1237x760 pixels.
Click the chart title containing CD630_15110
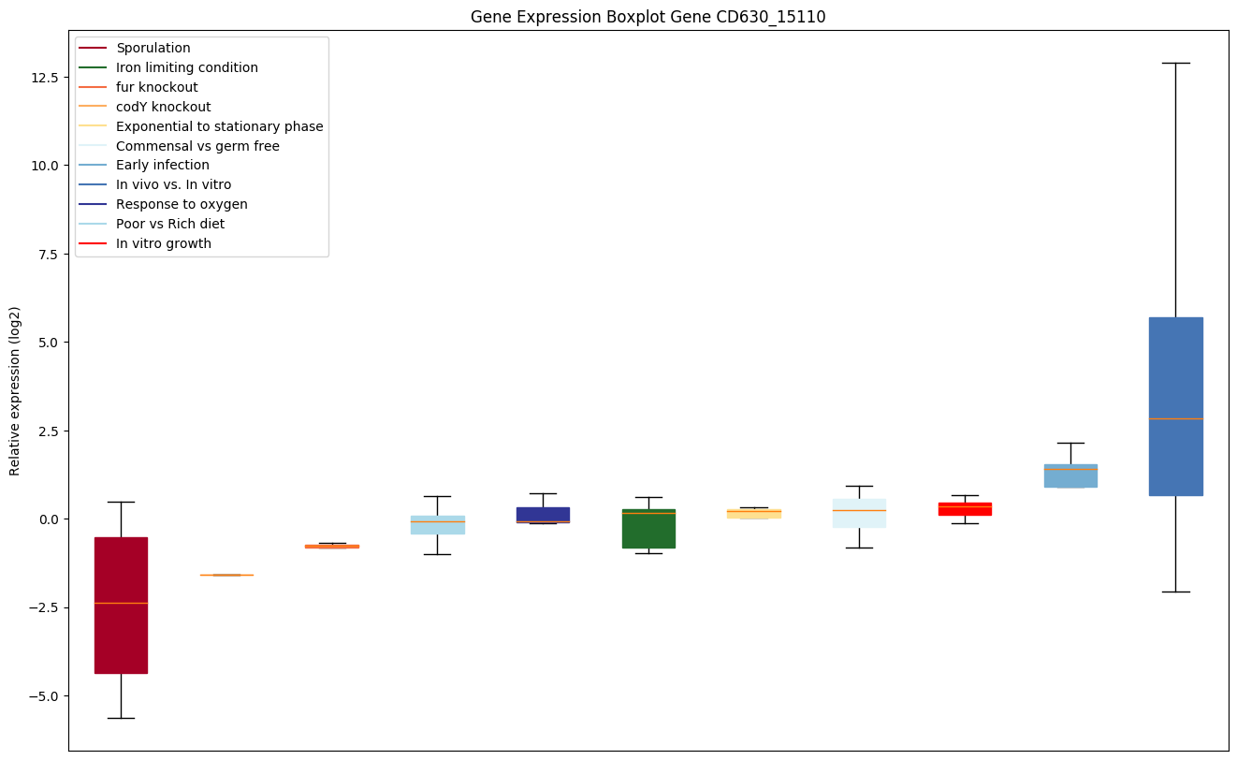pyautogui.click(x=648, y=17)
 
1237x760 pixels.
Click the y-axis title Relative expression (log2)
pyautogui.click(x=15, y=390)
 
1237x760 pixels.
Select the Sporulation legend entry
pyautogui.click(x=153, y=48)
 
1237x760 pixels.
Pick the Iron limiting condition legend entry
pyautogui.click(x=186, y=67)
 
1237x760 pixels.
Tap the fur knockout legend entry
pyautogui.click(x=156, y=87)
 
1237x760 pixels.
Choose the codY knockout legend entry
pyautogui.click(x=163, y=107)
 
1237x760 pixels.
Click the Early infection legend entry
pyautogui.click(x=162, y=166)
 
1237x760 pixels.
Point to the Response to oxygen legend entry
pyautogui.click(x=182, y=204)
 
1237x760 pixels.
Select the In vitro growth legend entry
pyautogui.click(x=163, y=243)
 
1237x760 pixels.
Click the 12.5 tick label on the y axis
pyautogui.click(x=44, y=77)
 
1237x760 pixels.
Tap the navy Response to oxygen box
pyautogui.click(x=543, y=513)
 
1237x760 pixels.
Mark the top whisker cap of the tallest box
pyautogui.click(x=1175, y=63)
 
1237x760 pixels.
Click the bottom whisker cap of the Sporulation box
pyautogui.click(x=121, y=718)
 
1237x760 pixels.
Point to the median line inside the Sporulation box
pyautogui.click(x=121, y=603)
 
